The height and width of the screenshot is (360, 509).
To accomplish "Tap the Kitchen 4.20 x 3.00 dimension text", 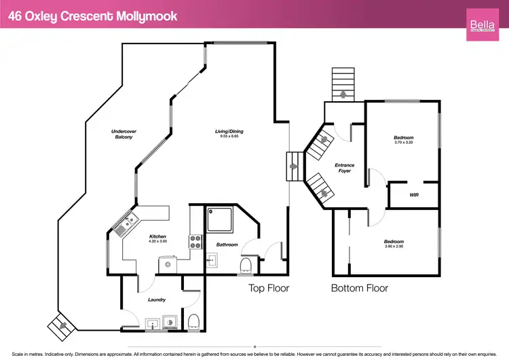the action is tap(157, 241).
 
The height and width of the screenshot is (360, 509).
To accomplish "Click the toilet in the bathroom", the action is tap(246, 264).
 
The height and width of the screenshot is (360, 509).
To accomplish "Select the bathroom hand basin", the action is tap(211, 259).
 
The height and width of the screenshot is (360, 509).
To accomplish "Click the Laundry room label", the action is tap(157, 299).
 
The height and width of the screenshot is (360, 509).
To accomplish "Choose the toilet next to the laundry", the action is tap(194, 320).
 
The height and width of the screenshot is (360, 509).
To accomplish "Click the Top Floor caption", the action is tap(269, 288).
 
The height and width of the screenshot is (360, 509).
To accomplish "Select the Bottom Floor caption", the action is tap(359, 288).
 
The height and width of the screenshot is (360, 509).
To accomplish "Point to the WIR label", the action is tap(414, 196).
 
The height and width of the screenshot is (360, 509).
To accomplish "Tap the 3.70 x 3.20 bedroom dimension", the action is tap(404, 143).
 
